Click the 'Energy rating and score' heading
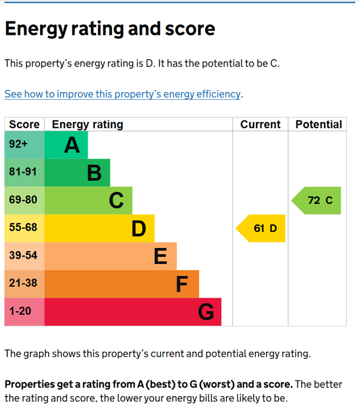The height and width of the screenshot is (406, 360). [110, 29]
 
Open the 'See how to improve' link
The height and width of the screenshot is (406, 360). [123, 94]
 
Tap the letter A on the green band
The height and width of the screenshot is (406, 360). [72, 145]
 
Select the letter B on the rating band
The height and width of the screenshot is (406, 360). [94, 173]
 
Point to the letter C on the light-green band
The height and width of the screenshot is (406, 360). [116, 200]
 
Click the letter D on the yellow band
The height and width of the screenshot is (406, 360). [139, 228]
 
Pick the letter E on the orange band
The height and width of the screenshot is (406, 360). [161, 256]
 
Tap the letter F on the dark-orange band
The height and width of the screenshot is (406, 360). [182, 284]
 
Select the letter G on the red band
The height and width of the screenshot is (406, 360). [206, 312]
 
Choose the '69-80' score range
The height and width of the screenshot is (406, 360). [23, 200]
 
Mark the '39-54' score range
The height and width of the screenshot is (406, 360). [23, 256]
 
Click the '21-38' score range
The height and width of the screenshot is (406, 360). [23, 283]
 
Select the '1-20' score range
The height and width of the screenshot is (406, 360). [20, 311]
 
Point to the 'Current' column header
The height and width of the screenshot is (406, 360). [260, 125]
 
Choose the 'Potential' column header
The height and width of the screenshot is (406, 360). [318, 125]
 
